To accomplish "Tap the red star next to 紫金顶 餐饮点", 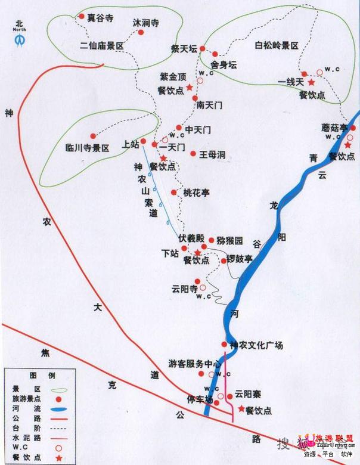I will pos(189,88).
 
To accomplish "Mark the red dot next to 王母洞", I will pos(193,154).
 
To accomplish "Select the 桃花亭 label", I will pos(197,193).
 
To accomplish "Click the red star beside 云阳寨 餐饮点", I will pos(241,410).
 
